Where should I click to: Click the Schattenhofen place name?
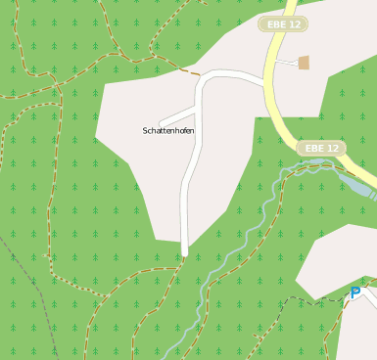tap(168, 130)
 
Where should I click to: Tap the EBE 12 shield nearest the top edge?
tap(283, 23)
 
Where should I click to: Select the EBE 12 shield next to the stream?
tap(321, 149)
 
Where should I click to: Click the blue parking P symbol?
tap(355, 292)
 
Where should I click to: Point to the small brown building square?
tap(304, 63)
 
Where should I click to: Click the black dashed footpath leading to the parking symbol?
tap(313, 299)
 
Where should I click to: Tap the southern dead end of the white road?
tap(184, 253)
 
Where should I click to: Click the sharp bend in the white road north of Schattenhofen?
tap(201, 81)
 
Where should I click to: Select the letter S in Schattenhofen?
tap(146, 130)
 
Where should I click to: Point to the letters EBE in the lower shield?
tap(314, 149)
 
